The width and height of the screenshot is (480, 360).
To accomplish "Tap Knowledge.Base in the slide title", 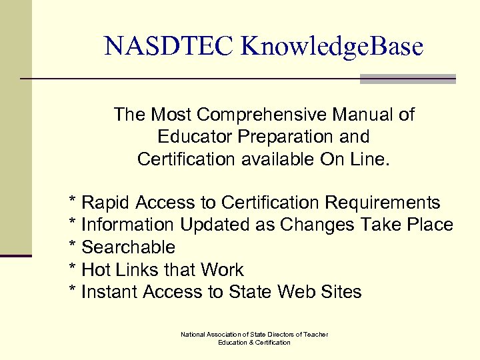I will pos(333,46).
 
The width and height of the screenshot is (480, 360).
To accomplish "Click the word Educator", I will pos(194,137).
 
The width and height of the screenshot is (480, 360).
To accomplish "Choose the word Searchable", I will pos(128,247).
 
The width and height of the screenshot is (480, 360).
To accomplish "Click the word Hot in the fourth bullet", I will pos(95,270).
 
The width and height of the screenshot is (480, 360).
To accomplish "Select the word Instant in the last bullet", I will pos(109,292).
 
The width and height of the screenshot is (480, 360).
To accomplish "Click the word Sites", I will pos(339,292).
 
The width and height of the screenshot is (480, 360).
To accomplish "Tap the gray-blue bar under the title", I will pos(407,79).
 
